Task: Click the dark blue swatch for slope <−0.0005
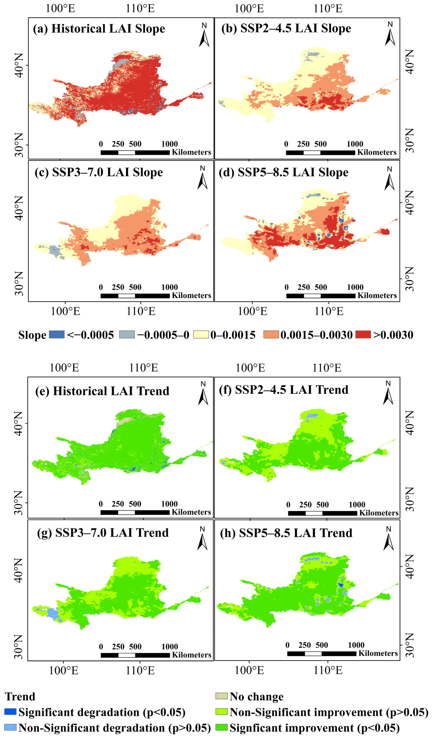(x=57, y=334)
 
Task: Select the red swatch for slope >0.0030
(x=363, y=334)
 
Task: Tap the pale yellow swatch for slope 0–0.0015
(x=201, y=334)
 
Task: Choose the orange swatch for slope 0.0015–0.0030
(x=271, y=334)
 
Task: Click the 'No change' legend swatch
(x=221, y=696)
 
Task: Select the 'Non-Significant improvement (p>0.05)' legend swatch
(x=221, y=712)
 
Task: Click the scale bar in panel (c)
(x=135, y=296)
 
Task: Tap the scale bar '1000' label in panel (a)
(x=170, y=144)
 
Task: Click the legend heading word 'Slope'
(x=32, y=335)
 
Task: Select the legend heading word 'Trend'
(x=20, y=696)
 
